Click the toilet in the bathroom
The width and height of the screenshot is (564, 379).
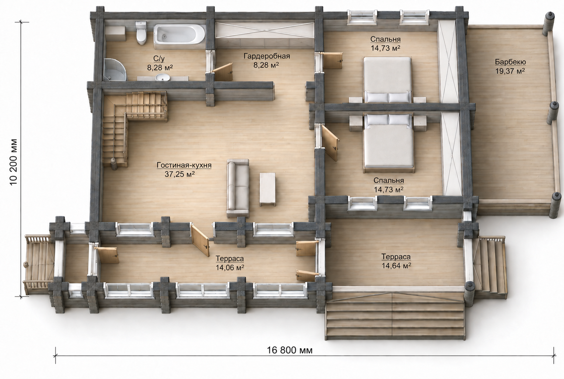point(141,33)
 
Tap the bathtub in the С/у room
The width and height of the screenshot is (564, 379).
point(179,36)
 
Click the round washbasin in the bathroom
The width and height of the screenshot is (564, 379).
point(162,77)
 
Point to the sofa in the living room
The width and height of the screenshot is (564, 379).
point(238,188)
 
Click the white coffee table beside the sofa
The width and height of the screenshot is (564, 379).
point(267,189)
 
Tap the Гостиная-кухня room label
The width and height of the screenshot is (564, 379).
point(184,165)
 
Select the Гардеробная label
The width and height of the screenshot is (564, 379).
point(267,56)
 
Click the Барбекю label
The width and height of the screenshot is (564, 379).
point(510,62)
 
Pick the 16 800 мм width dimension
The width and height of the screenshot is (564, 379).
point(290,350)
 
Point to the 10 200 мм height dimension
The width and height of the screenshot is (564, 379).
point(14,162)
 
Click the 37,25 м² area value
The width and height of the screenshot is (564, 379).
point(180,174)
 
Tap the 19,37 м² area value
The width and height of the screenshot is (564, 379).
point(510,71)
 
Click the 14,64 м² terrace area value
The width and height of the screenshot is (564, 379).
point(396,266)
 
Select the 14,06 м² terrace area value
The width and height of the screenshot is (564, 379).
point(230,268)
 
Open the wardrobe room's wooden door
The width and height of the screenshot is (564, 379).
point(223,72)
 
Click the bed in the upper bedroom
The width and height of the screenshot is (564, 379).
point(387,80)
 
